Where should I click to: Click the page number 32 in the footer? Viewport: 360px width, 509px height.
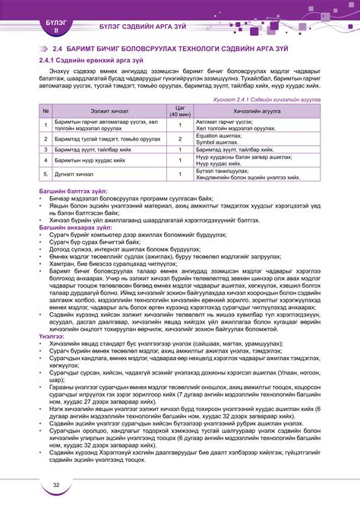(56, 485)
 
